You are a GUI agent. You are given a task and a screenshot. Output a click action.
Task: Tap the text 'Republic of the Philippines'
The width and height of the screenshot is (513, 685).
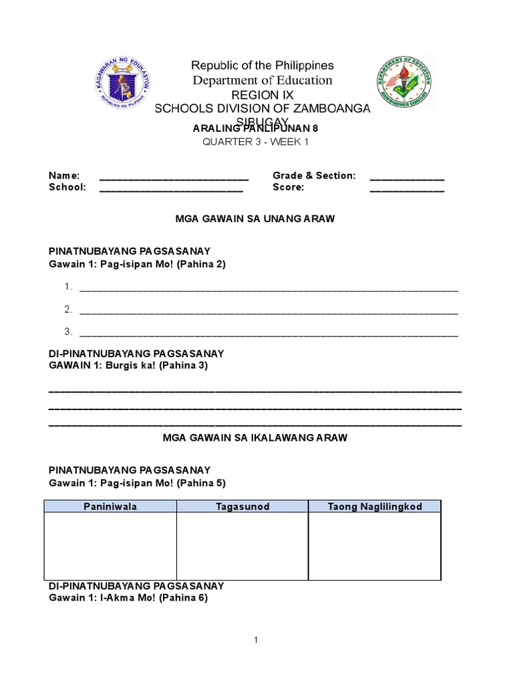click(x=262, y=66)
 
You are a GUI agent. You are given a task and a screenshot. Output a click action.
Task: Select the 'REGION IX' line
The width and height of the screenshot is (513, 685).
click(x=262, y=95)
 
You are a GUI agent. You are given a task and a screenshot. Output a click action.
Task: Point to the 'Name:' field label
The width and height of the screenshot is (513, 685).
click(x=64, y=175)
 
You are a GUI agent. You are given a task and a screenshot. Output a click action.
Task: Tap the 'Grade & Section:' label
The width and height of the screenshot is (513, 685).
click(x=314, y=175)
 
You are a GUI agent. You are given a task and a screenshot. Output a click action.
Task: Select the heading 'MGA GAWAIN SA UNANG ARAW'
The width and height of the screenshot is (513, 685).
click(x=254, y=219)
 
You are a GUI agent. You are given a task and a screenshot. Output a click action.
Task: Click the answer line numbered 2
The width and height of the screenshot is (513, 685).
click(x=269, y=311)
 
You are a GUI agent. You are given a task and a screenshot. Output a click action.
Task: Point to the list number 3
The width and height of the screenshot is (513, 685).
click(x=68, y=332)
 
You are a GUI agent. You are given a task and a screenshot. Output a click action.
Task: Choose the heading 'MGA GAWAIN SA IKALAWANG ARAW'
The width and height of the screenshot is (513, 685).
click(x=255, y=437)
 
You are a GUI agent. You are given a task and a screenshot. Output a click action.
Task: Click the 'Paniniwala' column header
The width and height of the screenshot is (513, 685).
click(x=110, y=506)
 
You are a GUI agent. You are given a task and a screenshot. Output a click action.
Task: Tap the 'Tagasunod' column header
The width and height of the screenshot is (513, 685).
click(x=242, y=506)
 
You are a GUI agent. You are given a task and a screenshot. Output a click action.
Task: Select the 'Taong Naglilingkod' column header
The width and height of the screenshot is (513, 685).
click(x=375, y=506)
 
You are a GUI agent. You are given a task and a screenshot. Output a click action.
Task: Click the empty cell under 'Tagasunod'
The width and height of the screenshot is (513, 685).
click(x=242, y=546)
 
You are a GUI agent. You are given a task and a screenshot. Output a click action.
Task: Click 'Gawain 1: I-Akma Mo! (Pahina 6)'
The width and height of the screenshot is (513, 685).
click(x=128, y=598)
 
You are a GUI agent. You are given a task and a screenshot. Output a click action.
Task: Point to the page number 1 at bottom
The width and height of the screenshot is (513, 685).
click(x=255, y=640)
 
